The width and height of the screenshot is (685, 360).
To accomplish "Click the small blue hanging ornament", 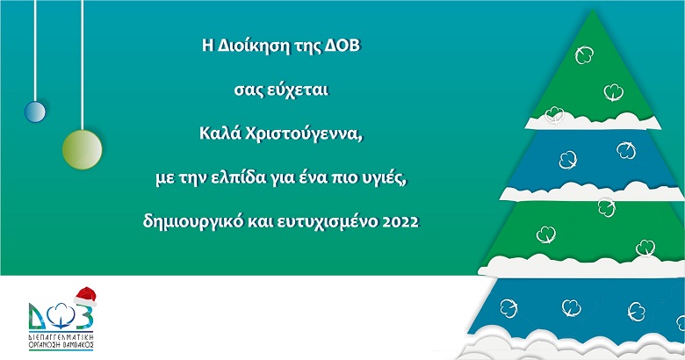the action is point(35,112).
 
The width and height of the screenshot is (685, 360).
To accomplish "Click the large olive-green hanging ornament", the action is point(83,149).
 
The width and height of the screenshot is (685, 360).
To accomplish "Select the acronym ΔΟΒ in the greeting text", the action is point(342,46).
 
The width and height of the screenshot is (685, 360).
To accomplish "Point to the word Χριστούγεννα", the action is point(304,133).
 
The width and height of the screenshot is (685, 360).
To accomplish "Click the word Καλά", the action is point(220,133).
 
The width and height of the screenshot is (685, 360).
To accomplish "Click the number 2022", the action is point(400,222).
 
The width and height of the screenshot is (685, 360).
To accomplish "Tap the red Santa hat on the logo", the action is point(85,296).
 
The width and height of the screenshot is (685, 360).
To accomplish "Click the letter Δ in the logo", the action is point(38,316).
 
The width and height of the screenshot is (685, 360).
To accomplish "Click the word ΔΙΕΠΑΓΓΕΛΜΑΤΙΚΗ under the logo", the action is point(61,337).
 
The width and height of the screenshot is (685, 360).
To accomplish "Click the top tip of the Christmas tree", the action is point(593,10).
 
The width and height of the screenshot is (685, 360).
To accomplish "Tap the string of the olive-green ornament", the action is point(83,65).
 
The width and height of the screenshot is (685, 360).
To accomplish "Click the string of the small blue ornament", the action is point(35,51).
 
